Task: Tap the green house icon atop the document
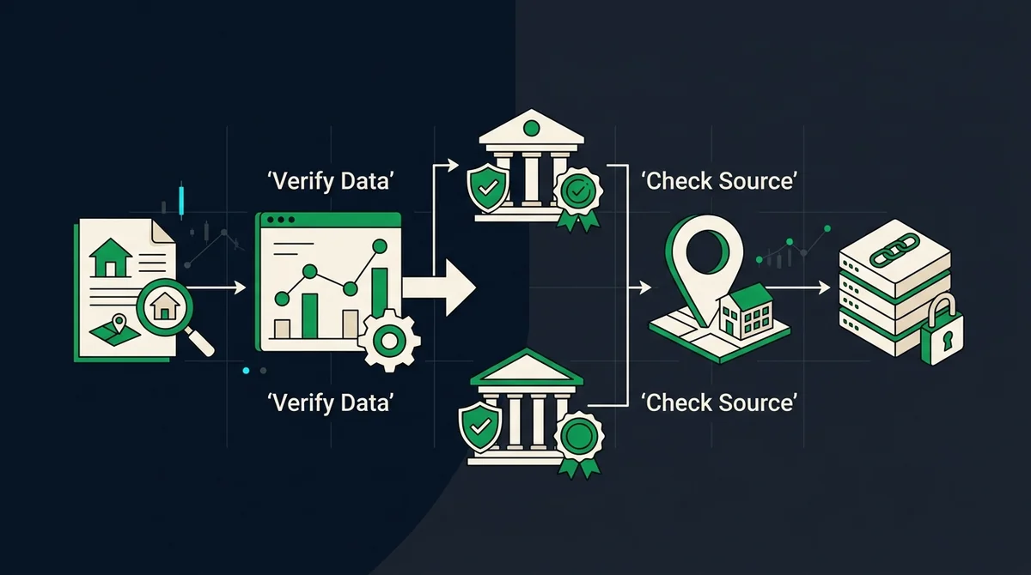[x=111, y=257]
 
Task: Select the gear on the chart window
[x=389, y=340]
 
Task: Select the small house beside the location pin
[x=746, y=311]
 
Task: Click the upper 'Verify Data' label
[x=331, y=181]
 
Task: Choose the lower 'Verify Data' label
[x=331, y=402]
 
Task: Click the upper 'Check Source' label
[x=719, y=180]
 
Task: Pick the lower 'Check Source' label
[x=719, y=402]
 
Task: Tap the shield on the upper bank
[x=488, y=187]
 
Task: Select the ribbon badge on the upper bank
[x=578, y=198]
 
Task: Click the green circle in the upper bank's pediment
[x=532, y=128]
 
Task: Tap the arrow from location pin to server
[x=797, y=288]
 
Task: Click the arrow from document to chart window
[x=217, y=287]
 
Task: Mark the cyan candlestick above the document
[x=181, y=198]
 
